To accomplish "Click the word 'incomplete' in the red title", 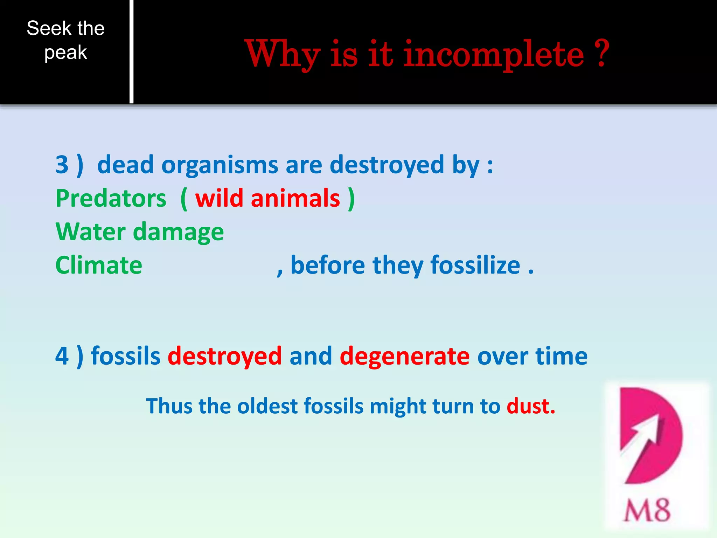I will coord(494,54).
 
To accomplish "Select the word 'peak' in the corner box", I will coord(65,53).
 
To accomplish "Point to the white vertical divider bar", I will coord(131,51).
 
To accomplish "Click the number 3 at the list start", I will coord(62,164).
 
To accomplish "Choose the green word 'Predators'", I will coord(111,198).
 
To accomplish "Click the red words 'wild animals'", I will coord(267,198).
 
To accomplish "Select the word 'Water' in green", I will coord(90,232).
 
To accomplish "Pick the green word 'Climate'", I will coord(99,265).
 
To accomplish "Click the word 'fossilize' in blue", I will coord(475,265).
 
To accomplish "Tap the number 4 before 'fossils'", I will coord(62,356).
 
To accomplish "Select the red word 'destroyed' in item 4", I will coord(225,356).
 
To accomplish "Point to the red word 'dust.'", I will coord(531,406).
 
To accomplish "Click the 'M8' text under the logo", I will coord(647,510).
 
